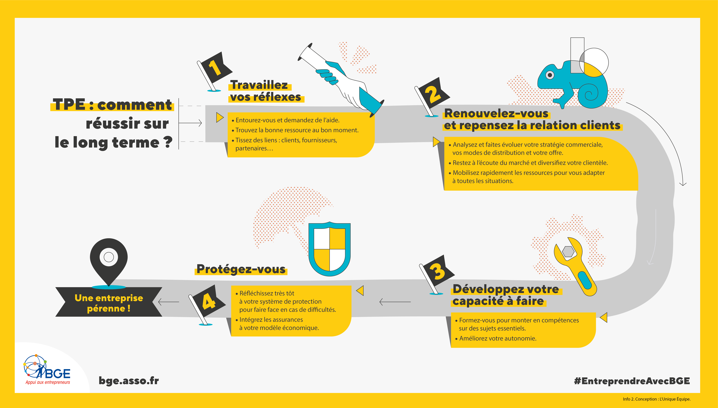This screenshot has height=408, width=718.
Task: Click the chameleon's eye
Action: coord(550,75)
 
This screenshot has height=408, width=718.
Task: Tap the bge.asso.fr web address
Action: coord(129,381)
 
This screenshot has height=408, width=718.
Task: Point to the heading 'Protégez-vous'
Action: coord(241,269)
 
